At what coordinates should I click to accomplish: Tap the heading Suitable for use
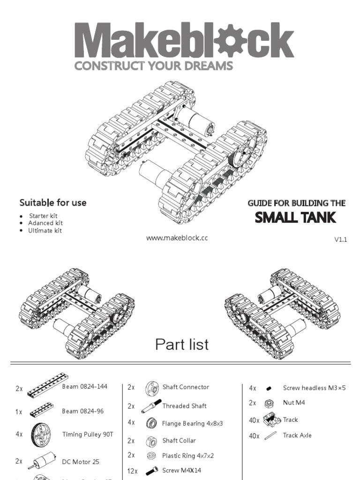[x=52, y=202]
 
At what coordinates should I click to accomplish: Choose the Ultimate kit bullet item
[x=45, y=231]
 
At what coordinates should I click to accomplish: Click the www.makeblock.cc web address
[x=177, y=238]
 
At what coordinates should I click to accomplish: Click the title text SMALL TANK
[x=295, y=218]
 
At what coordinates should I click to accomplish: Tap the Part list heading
[x=182, y=345]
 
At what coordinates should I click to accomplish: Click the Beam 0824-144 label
[x=85, y=387]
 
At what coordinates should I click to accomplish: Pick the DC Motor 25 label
[x=81, y=462]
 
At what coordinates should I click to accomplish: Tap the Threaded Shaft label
[x=184, y=406]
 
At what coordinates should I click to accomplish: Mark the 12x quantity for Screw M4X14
[x=132, y=471]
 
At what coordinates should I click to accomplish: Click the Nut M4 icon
[x=269, y=403]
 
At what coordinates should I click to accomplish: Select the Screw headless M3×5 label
[x=314, y=388]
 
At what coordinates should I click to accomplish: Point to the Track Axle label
[x=297, y=435]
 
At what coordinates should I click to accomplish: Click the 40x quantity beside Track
[x=254, y=420]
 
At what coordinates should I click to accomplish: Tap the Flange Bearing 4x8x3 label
[x=193, y=423]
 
